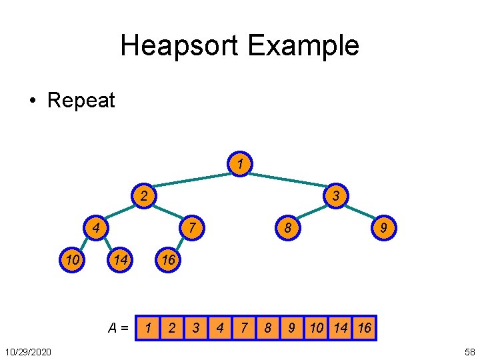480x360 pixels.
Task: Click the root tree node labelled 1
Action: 240,163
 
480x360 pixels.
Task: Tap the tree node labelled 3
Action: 337,196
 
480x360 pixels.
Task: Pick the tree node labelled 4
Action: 96,228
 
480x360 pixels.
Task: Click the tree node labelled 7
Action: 192,228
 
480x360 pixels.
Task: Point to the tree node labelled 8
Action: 288,228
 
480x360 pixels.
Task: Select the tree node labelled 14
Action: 120,260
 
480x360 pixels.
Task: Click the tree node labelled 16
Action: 168,260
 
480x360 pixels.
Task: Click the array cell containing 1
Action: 147,328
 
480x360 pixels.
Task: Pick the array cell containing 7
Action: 243,328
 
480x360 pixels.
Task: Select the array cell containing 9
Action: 291,328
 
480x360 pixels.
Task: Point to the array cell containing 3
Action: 195,328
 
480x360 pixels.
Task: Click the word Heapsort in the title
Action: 179,46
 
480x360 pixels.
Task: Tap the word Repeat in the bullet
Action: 81,101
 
